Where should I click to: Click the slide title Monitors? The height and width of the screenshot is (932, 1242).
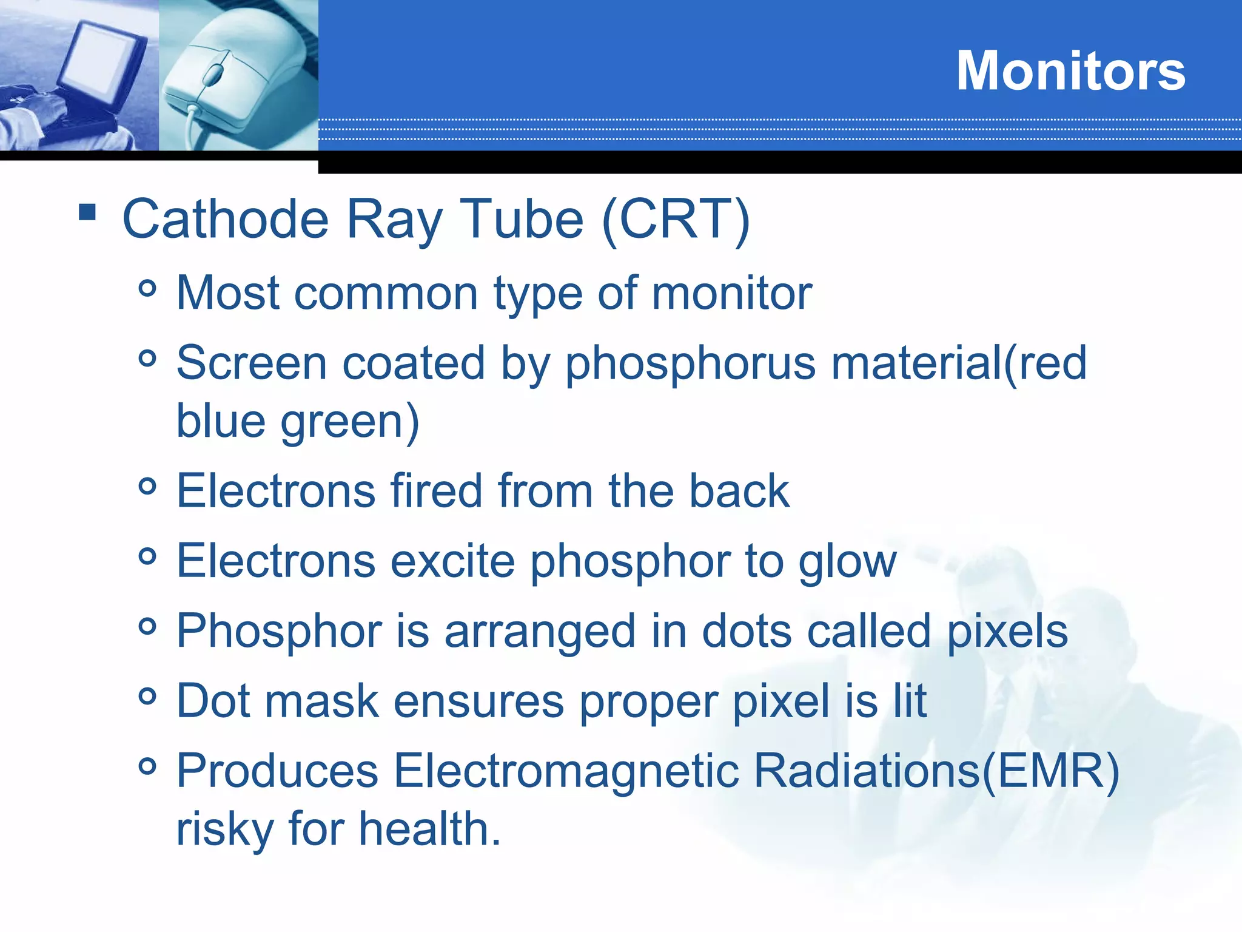(1070, 71)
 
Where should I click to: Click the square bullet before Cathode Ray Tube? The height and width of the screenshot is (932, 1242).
(87, 212)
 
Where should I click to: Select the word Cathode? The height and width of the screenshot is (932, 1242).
(225, 220)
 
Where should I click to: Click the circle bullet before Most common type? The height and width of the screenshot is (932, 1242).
(147, 288)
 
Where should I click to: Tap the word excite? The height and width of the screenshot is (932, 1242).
(452, 561)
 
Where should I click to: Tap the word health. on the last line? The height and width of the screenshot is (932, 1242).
(430, 829)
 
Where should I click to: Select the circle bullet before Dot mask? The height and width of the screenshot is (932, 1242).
(147, 697)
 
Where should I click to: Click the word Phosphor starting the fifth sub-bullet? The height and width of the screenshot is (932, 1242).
(279, 632)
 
